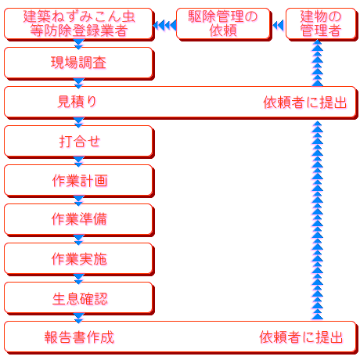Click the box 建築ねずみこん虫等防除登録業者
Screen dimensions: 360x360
pos(78,23)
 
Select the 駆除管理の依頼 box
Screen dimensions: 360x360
pos(223,23)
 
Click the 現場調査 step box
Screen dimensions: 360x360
pos(78,63)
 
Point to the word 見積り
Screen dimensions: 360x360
pos(77,102)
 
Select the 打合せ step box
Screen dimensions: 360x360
pos(78,142)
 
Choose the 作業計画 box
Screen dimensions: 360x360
pos(78,180)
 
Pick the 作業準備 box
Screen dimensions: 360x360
pos(78,219)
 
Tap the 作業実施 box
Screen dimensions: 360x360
pos(78,258)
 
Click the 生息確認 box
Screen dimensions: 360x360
pos(78,297)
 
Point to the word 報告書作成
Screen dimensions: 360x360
pos(79,337)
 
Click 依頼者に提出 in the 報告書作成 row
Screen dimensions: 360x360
pos(301,337)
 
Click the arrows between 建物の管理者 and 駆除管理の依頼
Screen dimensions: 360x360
pos(277,25)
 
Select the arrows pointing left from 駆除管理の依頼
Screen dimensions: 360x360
pos(164,25)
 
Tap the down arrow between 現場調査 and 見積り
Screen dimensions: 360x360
pos(78,82)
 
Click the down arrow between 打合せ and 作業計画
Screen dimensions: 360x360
pos(78,160)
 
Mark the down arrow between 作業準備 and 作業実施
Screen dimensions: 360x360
pos(78,239)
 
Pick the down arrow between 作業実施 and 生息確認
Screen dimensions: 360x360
pos(78,278)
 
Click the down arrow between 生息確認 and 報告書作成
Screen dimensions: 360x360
pos(78,317)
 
